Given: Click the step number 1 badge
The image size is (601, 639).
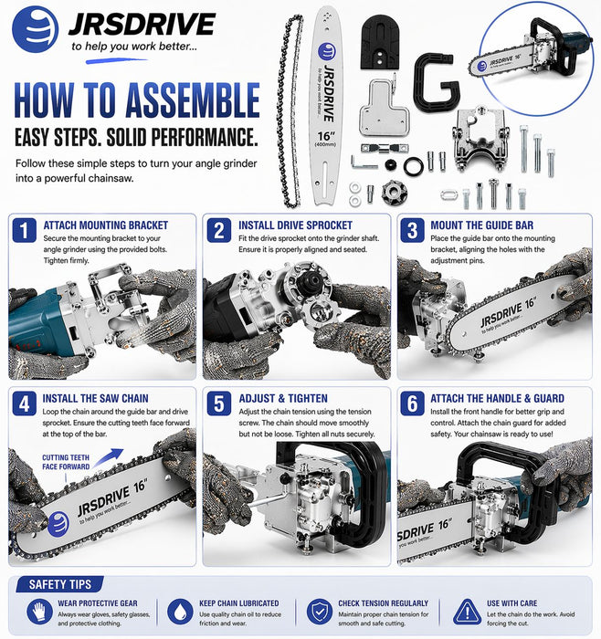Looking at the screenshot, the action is [x=24, y=230].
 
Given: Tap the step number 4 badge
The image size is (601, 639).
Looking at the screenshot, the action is [x=24, y=403].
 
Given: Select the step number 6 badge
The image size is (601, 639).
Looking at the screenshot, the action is [x=412, y=403].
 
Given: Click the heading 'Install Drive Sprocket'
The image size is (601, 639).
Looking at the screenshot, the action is [x=295, y=225].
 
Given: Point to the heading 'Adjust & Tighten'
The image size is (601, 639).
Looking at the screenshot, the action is [x=283, y=399].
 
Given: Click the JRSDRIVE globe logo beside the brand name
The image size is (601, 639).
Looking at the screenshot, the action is [x=35, y=29].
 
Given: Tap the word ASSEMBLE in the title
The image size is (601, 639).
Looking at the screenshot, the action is [x=193, y=100].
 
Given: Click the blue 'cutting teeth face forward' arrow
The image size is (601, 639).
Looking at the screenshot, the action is [x=108, y=458].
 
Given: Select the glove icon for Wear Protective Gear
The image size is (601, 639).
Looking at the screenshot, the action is [x=39, y=613].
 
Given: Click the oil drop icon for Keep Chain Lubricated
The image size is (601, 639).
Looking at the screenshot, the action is [x=180, y=613].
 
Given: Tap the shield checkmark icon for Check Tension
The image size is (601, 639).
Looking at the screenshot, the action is [x=320, y=613].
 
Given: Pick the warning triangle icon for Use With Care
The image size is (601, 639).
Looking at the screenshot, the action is [x=468, y=613].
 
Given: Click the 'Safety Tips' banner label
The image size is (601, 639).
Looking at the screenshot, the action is [x=60, y=585].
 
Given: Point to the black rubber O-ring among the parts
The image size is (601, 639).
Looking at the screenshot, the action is [x=414, y=167].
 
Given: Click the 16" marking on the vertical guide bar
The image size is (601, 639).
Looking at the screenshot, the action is [x=326, y=136].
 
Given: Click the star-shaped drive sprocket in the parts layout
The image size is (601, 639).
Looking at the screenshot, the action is [x=394, y=192].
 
